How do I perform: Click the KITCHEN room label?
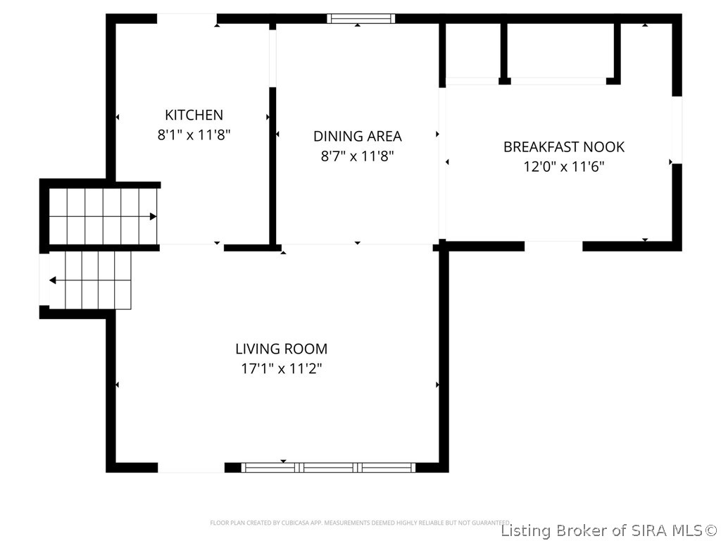194,115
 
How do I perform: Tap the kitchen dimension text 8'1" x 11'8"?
194,134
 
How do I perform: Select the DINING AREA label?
358,136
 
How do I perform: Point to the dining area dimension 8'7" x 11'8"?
358,156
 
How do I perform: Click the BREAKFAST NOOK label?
563,147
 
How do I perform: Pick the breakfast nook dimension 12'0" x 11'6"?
563,166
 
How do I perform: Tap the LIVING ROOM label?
281,348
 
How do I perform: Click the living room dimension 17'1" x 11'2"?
281,368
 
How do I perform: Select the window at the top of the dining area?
361,19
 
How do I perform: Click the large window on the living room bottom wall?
328,467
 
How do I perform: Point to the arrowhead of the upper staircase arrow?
153,216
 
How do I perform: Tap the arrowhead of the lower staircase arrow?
53,280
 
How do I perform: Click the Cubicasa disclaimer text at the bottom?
360,523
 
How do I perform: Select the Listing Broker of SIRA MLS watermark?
608,530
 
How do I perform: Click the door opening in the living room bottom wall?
191,467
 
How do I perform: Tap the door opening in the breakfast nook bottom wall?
553,246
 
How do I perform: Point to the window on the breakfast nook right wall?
677,130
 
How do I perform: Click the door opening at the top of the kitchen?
187,19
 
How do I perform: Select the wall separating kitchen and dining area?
272,166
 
